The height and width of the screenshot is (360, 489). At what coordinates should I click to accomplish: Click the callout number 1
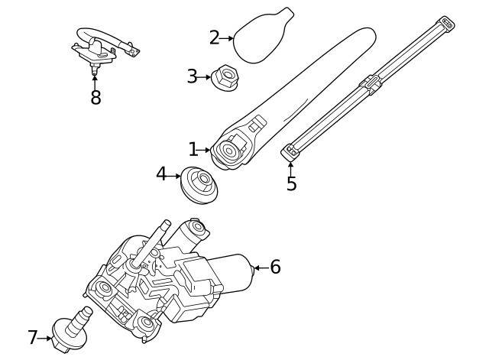[x=193, y=150]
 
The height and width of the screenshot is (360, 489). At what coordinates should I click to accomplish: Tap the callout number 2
[x=215, y=37]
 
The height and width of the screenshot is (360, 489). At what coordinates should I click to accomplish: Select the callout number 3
[x=193, y=76]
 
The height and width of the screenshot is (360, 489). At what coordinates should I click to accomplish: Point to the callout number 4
[x=161, y=175]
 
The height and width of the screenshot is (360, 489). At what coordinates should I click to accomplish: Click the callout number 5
[x=291, y=184]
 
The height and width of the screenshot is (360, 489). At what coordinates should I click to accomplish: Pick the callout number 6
[x=275, y=268]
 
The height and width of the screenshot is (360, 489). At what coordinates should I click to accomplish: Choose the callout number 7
[x=33, y=337]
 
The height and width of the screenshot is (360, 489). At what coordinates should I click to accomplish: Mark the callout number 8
[x=96, y=99]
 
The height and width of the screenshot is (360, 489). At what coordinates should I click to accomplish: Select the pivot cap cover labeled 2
[x=260, y=37]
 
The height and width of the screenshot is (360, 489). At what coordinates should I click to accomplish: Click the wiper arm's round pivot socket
[x=228, y=150]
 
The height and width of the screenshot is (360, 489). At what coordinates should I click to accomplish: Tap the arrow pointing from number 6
[x=259, y=268]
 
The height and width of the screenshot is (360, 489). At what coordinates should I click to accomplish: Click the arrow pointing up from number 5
[x=290, y=166]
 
